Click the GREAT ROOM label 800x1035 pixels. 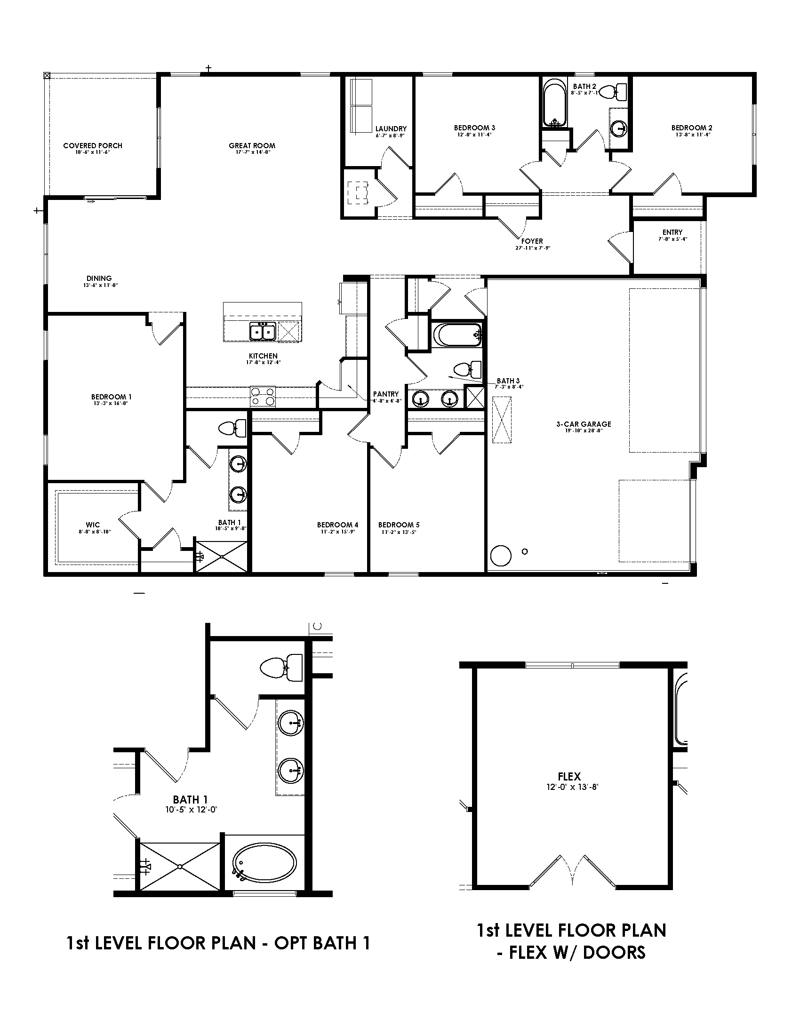click(x=252, y=146)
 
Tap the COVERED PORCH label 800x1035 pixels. click(x=92, y=146)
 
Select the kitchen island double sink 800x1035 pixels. click(x=263, y=331)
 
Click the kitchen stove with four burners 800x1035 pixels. click(x=263, y=396)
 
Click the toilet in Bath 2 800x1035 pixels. click(x=617, y=91)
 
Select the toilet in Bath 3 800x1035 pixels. click(x=467, y=369)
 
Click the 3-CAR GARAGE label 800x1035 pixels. click(x=584, y=424)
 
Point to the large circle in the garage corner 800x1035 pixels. click(x=501, y=556)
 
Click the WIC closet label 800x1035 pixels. click(x=93, y=525)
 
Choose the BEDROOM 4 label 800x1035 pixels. click(x=337, y=525)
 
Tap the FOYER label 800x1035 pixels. click(x=532, y=241)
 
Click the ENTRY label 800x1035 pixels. click(x=672, y=232)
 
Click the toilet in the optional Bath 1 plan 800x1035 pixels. click(x=282, y=668)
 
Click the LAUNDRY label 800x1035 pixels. click(x=391, y=129)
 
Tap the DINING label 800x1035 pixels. click(x=99, y=279)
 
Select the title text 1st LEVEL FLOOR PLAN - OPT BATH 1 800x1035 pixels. click(x=218, y=943)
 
